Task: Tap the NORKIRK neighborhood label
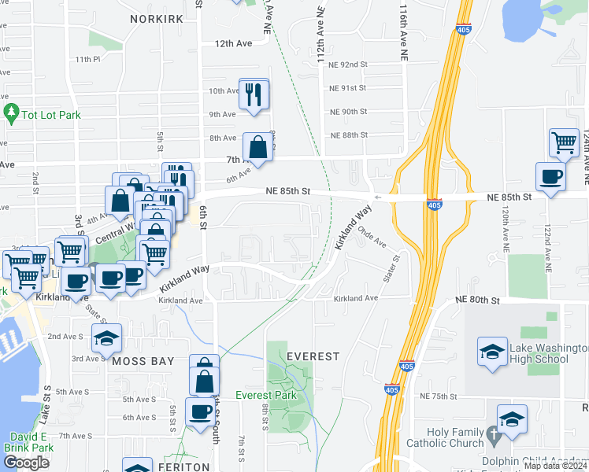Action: [x=157, y=18]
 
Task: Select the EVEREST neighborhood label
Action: [x=313, y=356]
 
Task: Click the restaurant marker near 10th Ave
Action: [x=254, y=94]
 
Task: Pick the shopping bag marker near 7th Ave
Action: [x=257, y=146]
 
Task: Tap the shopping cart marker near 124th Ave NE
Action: [x=564, y=142]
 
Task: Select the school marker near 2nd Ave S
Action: [x=106, y=338]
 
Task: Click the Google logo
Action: [x=26, y=463]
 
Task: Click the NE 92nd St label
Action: [x=348, y=65]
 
